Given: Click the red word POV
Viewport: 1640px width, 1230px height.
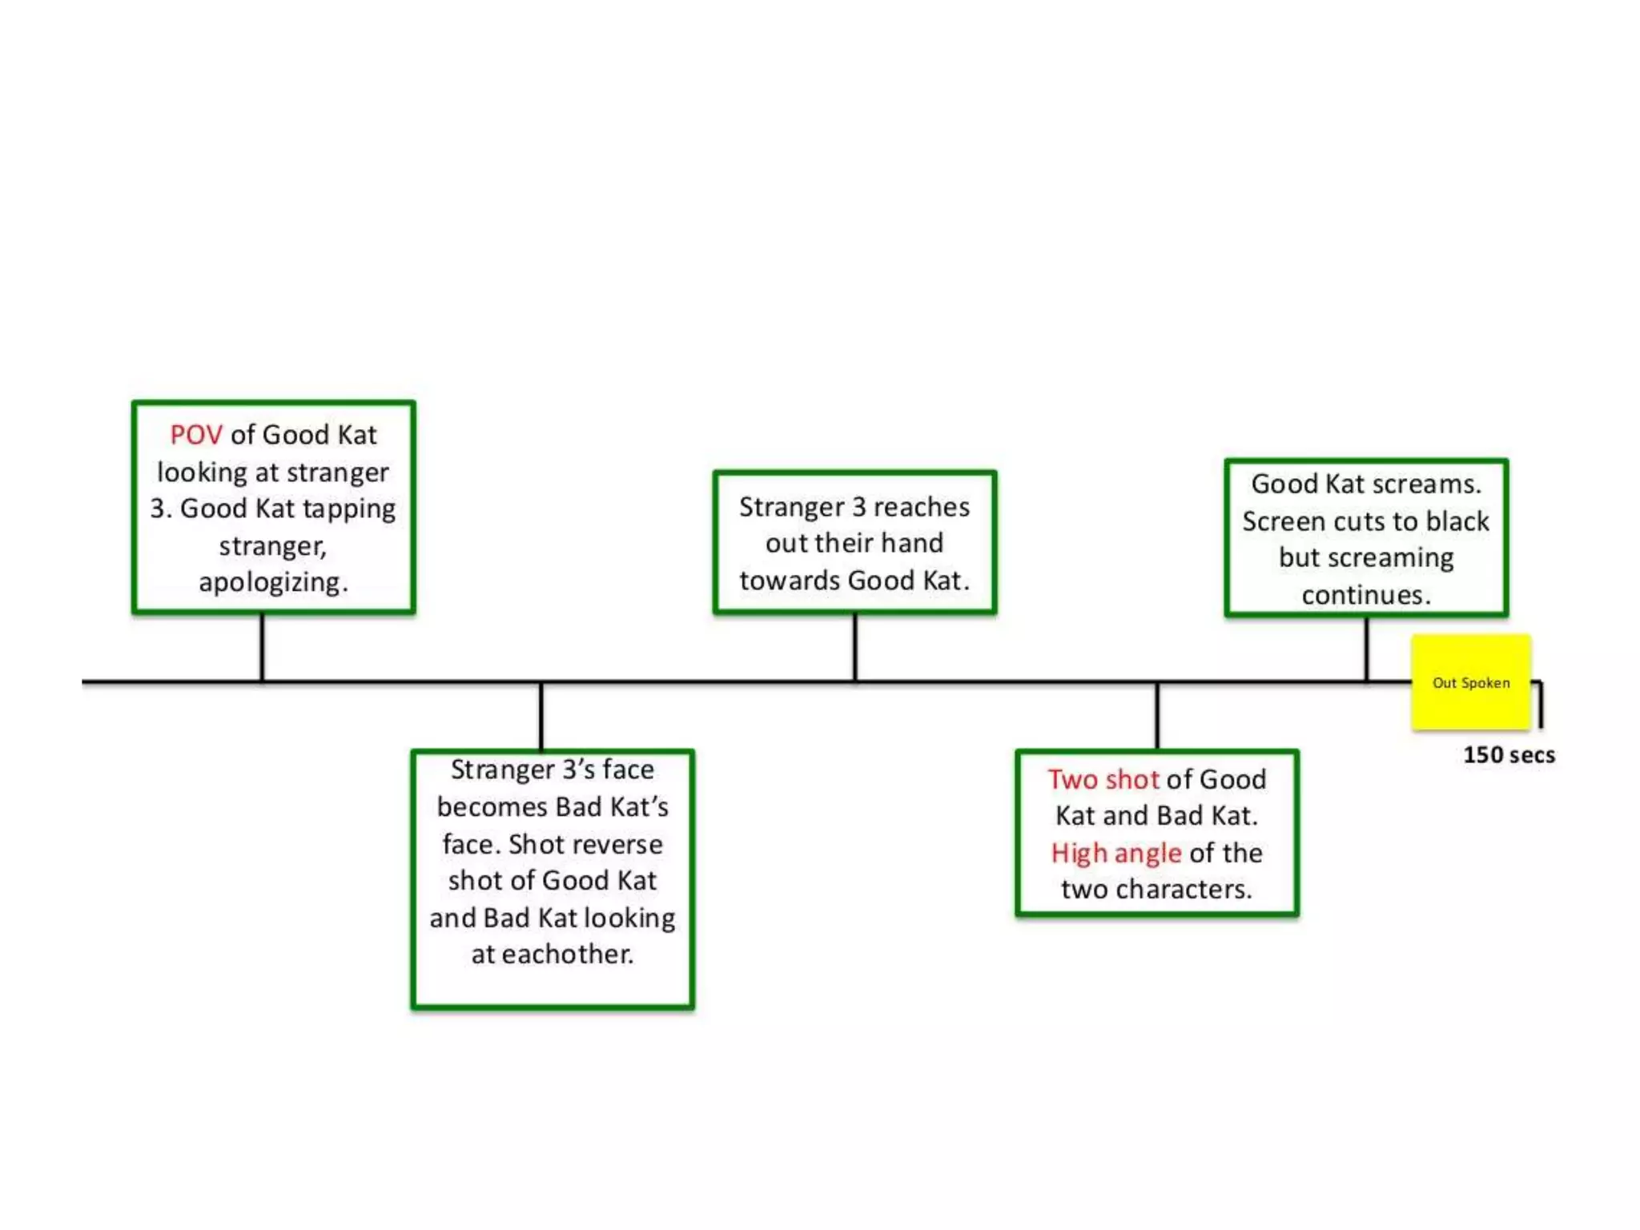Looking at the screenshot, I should [x=195, y=435].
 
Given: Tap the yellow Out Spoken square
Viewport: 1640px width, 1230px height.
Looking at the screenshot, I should [x=1470, y=682].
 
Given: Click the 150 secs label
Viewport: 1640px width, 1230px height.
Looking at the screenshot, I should [x=1509, y=755].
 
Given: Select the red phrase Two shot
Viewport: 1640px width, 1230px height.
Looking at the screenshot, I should [x=1103, y=779].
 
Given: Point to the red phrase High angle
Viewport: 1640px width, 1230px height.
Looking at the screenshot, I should [x=1115, y=853].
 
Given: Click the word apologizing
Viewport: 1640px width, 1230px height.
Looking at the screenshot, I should [x=273, y=582].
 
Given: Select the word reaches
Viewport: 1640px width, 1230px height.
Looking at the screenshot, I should [x=921, y=507].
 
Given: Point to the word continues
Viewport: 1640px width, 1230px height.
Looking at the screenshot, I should [x=1365, y=595].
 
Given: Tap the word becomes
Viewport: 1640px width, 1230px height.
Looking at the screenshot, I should [x=490, y=807].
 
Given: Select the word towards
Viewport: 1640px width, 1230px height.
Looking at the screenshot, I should [x=790, y=581].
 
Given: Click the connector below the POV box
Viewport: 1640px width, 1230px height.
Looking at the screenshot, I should [x=262, y=647].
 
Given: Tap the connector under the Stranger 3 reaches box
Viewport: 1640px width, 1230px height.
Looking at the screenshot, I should [x=854, y=647].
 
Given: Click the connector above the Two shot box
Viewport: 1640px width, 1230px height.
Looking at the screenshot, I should [x=1156, y=716].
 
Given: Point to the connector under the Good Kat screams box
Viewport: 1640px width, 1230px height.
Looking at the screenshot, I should [x=1366, y=649].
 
